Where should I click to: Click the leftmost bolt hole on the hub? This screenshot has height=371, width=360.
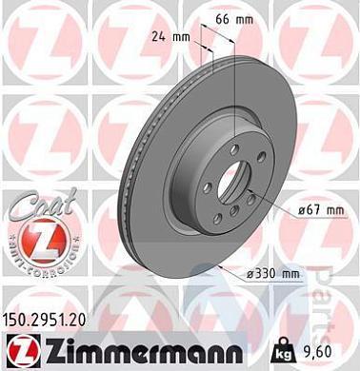[x=195, y=174]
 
